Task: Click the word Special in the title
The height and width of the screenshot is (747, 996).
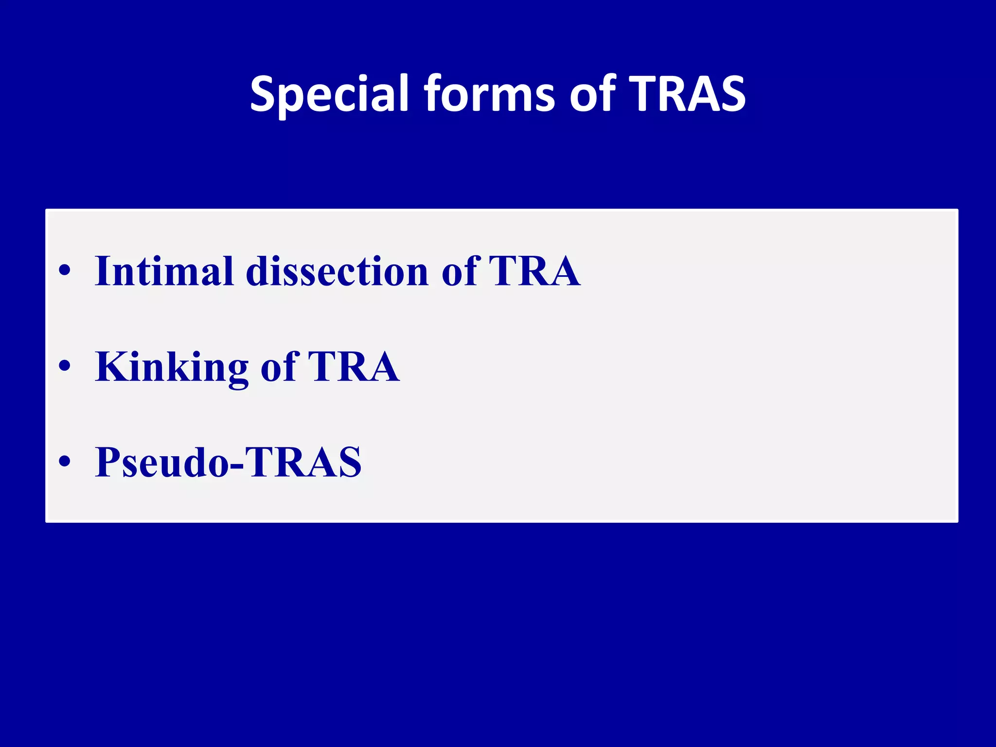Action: click(x=329, y=94)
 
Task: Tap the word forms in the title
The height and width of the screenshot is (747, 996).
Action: click(x=489, y=94)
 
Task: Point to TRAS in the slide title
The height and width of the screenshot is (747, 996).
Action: click(x=687, y=94)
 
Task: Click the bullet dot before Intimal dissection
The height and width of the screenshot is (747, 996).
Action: click(x=65, y=270)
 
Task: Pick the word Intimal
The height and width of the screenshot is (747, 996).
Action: click(x=164, y=271)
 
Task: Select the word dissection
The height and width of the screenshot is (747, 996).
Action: click(x=337, y=271)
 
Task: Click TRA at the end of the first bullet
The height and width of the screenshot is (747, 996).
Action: click(x=534, y=271)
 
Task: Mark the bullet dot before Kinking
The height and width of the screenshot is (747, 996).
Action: click(x=65, y=366)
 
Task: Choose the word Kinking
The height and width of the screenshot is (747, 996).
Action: click(x=172, y=367)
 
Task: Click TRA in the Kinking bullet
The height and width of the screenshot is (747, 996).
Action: click(x=354, y=367)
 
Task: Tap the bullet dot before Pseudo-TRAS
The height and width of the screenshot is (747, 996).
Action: click(x=65, y=462)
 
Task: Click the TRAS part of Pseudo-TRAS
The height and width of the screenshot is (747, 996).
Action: click(x=303, y=462)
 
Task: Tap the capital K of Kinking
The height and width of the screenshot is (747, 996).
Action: click(x=113, y=367)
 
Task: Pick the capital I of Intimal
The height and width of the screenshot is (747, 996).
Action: click(x=103, y=271)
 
